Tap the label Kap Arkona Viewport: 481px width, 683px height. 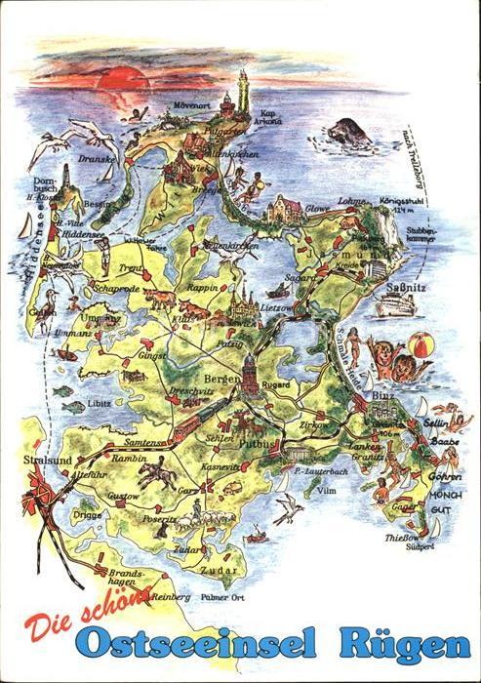coord(269,117)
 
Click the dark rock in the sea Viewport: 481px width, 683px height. coord(347,132)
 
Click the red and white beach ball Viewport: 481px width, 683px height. coord(420,345)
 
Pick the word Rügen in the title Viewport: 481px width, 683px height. coord(404,645)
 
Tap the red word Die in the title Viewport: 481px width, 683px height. coord(48,623)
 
